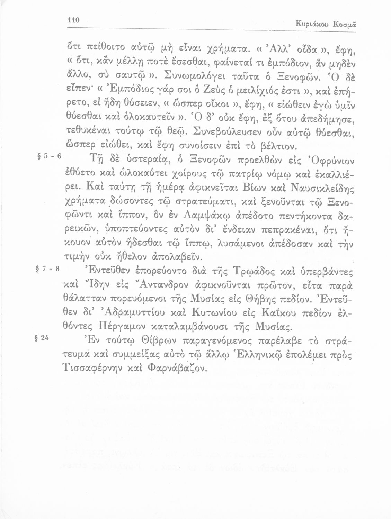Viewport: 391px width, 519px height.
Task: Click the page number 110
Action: tap(73, 20)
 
